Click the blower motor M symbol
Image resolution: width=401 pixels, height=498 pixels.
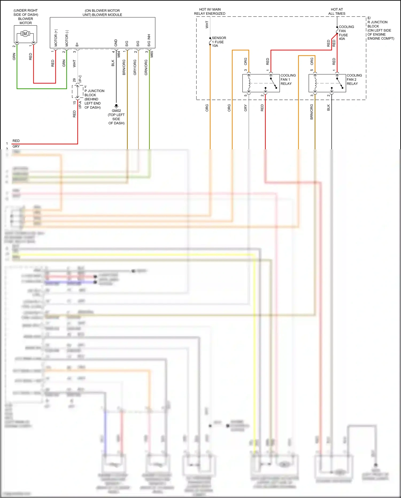[25, 34]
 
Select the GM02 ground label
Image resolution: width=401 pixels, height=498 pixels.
[116, 111]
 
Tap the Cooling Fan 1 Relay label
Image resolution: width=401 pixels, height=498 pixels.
[288, 79]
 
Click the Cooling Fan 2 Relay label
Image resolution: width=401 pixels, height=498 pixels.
[354, 79]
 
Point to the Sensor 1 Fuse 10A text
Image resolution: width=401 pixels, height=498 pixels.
[219, 42]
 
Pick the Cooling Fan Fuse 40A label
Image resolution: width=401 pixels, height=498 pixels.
[346, 33]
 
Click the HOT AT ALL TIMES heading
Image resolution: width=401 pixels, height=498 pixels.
[337, 12]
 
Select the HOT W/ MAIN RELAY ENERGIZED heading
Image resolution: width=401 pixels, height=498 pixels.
[210, 12]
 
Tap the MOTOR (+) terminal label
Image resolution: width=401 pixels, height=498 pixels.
[56, 38]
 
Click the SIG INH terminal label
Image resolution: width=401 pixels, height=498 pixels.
[149, 40]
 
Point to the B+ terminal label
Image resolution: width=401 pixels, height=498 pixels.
[77, 44]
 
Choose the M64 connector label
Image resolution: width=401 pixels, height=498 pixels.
[119, 54]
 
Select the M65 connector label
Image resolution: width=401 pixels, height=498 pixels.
[152, 54]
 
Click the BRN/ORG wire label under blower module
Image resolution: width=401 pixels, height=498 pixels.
[124, 67]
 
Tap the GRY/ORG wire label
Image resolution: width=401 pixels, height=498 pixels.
[135, 67]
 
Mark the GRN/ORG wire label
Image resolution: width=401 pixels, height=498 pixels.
[146, 67]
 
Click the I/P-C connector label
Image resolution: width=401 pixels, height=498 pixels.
[80, 79]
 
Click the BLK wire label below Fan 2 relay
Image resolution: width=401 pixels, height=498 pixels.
[328, 108]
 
